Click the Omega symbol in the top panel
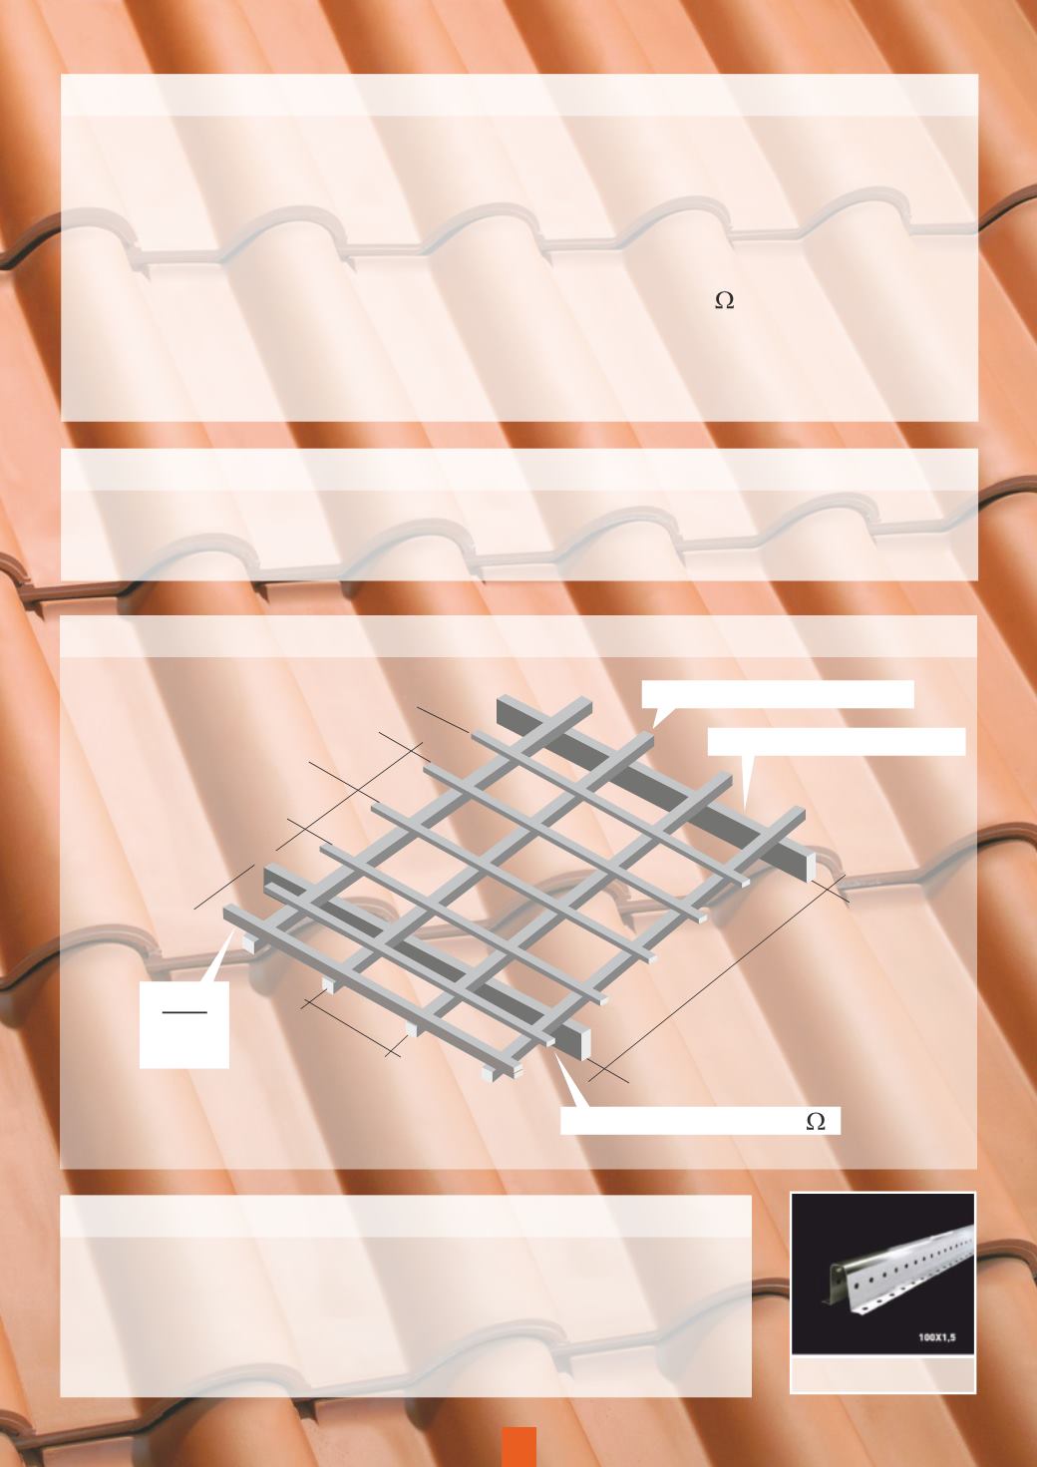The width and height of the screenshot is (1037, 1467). pos(724,300)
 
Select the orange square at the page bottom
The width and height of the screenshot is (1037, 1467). pos(519,1447)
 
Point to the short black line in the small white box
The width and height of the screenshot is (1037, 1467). pos(184,1012)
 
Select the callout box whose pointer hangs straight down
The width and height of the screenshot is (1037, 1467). pos(836,742)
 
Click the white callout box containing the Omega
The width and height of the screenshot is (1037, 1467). pos(700,1120)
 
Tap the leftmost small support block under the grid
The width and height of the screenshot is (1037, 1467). pos(248,943)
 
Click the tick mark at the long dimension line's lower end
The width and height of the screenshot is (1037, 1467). pos(607,1073)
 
